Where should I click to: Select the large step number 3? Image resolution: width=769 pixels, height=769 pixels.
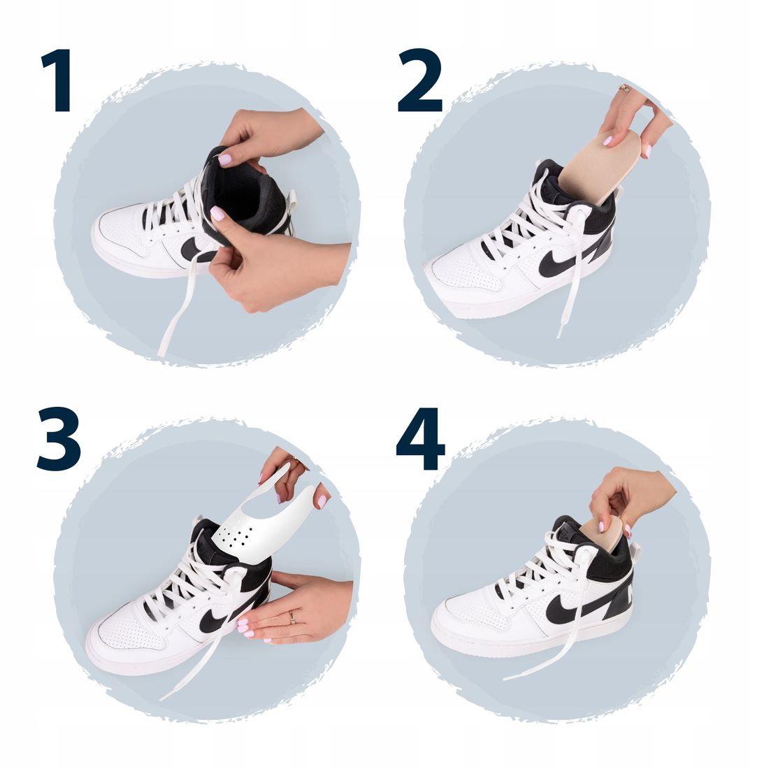(x=59, y=439)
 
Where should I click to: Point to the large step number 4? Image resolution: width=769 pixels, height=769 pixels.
(x=420, y=439)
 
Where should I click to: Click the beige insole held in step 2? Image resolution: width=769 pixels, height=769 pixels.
(x=596, y=164)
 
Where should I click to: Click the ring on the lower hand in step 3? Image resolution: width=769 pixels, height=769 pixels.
(x=292, y=617)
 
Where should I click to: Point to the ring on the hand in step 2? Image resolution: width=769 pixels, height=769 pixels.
(x=624, y=88)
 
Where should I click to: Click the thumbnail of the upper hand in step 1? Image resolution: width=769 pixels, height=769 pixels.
(x=225, y=159)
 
